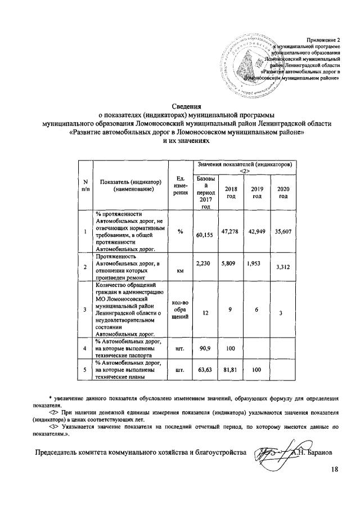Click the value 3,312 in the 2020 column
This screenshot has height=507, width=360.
(x=283, y=268)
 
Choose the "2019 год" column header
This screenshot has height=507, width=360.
(x=257, y=192)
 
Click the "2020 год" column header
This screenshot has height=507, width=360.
(x=283, y=192)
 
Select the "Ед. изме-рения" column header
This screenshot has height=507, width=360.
(x=180, y=185)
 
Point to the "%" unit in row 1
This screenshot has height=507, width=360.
(x=180, y=232)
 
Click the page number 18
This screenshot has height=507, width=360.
(x=335, y=469)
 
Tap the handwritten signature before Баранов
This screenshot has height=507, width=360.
(x=272, y=452)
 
